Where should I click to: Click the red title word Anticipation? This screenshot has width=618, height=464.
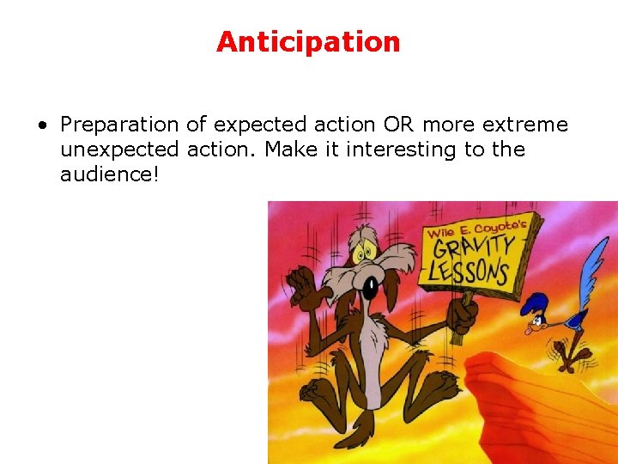[x=308, y=42]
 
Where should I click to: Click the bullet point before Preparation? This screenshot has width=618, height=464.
[x=42, y=125]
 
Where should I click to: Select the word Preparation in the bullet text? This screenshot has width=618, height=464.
[x=119, y=125]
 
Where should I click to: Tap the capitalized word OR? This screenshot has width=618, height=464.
[x=397, y=125]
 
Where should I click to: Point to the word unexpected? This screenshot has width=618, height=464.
[x=119, y=150]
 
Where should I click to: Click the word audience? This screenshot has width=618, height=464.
[x=110, y=174]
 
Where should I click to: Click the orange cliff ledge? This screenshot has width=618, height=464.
[x=532, y=404]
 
